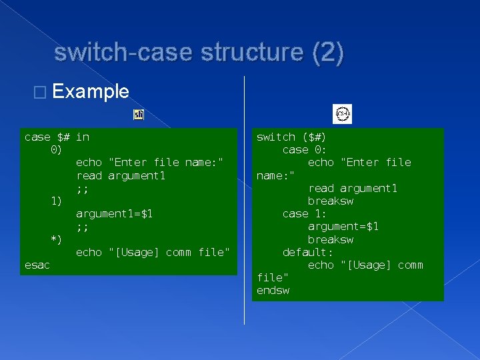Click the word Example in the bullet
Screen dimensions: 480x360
point(90,91)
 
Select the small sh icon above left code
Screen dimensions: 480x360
point(139,115)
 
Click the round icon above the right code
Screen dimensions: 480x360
point(342,114)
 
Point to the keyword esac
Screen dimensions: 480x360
point(37,265)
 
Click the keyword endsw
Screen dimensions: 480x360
point(273,291)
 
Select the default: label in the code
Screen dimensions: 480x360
point(308,252)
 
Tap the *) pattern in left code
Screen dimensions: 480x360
point(57,239)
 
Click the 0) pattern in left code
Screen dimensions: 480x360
point(57,150)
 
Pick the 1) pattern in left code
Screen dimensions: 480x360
point(57,201)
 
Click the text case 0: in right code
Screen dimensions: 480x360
point(305,150)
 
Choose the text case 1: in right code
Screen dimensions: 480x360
point(305,213)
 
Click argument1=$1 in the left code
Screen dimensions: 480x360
point(115,214)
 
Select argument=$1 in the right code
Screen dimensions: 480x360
point(343,227)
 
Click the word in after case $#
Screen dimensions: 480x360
point(83,137)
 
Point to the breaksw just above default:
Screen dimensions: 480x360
point(331,239)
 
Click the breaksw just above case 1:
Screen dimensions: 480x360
point(331,201)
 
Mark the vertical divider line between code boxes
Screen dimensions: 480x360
point(245,200)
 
